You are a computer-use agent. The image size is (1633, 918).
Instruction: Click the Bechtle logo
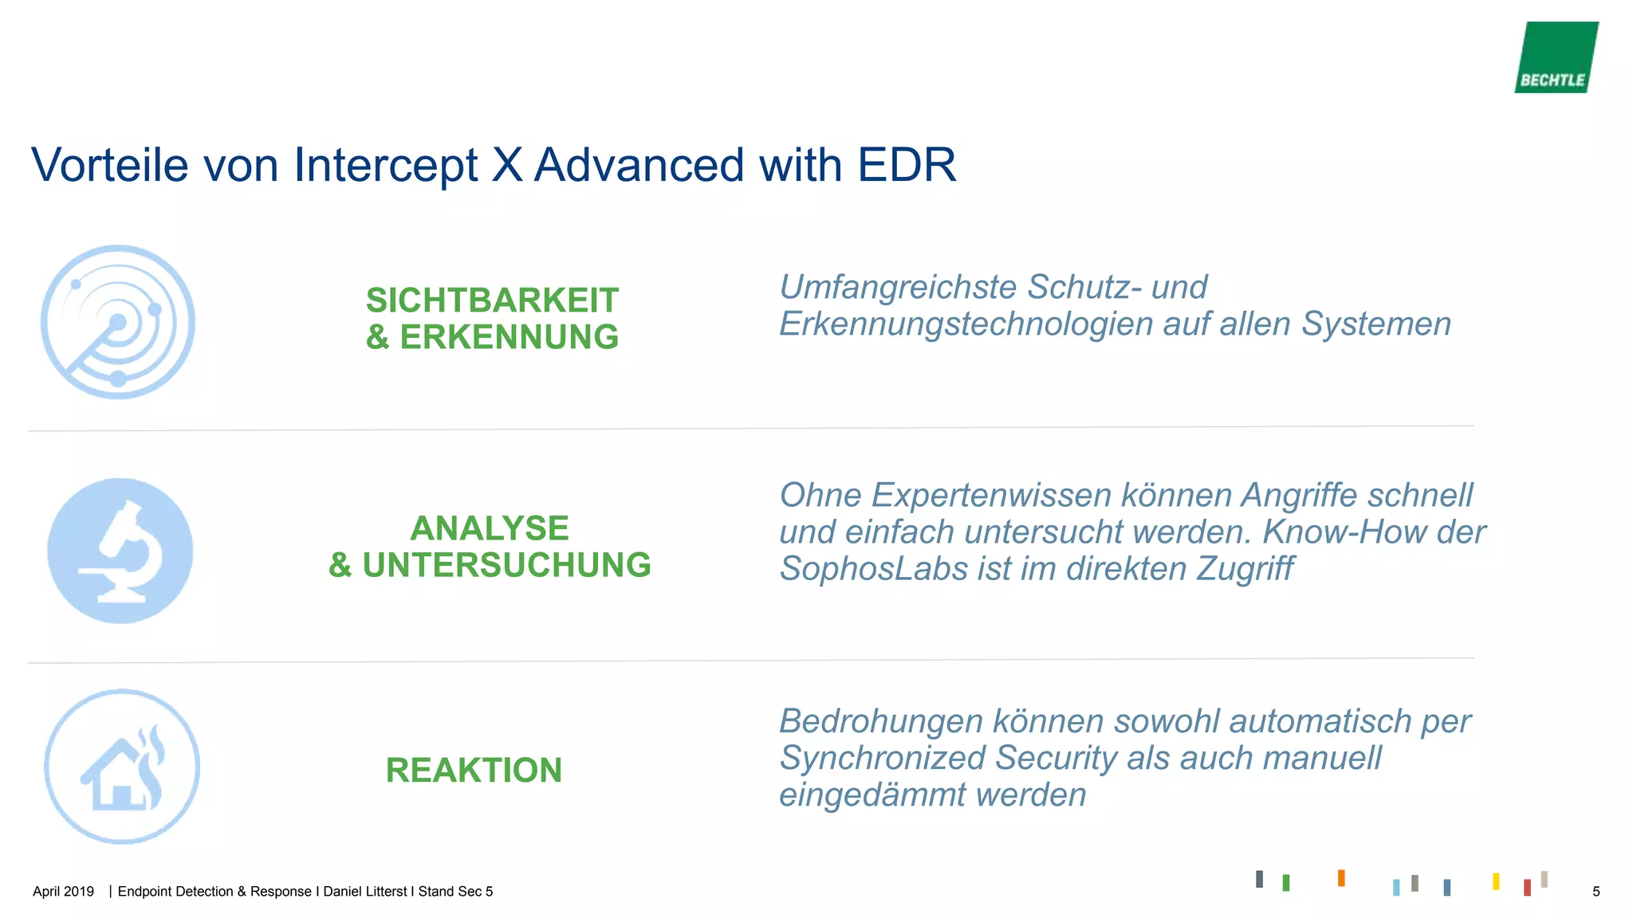tap(1556, 57)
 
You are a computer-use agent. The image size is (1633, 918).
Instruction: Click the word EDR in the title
tap(907, 165)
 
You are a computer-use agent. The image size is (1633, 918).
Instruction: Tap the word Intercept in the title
tap(385, 165)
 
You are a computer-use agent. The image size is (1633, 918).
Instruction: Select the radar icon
tap(118, 322)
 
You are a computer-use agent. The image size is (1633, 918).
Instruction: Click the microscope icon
tap(120, 551)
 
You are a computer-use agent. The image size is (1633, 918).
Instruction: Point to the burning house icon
tap(122, 767)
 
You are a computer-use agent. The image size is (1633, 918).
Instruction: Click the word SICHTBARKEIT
tap(492, 300)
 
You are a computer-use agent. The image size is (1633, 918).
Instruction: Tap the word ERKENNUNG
tap(509, 337)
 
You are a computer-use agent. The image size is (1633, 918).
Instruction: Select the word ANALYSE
tap(490, 528)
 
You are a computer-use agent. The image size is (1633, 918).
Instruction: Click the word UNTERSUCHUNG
tap(506, 565)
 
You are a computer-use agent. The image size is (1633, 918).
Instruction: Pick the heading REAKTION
tap(474, 771)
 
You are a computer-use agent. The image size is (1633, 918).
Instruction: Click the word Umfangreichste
tap(898, 288)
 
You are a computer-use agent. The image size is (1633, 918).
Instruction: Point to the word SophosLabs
tap(872, 569)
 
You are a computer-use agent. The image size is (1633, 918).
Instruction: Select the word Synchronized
tap(882, 758)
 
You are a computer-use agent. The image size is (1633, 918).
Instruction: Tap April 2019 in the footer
tap(63, 892)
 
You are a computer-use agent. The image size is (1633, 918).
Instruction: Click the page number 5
tap(1596, 892)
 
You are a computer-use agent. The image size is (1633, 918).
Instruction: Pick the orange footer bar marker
tap(1341, 878)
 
